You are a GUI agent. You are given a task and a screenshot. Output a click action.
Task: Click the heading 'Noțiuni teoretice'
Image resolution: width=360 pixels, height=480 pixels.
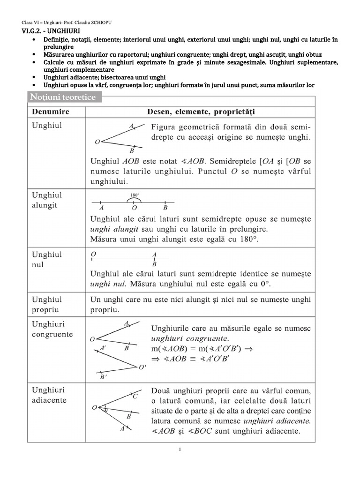(x=63, y=97)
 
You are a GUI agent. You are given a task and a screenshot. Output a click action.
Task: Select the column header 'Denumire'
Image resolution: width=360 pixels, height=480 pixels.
(x=51, y=112)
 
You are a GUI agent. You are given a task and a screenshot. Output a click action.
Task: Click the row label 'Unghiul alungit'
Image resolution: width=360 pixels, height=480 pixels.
(x=46, y=200)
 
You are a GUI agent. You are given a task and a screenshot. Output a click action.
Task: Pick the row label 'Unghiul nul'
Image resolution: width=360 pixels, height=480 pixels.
(x=46, y=259)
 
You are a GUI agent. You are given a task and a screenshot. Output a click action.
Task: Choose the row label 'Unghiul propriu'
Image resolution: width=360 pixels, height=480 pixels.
(x=47, y=304)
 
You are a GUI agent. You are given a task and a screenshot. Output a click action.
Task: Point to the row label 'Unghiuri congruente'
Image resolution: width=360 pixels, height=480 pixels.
(x=52, y=330)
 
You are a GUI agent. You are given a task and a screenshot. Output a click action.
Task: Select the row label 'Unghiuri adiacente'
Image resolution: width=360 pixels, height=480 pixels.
(x=49, y=395)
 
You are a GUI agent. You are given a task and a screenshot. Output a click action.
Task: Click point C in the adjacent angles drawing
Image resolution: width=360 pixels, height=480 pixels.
(x=135, y=397)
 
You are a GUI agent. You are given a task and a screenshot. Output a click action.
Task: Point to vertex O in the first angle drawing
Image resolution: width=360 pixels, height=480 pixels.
(x=97, y=141)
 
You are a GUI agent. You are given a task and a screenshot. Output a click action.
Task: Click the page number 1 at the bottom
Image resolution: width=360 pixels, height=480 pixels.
(x=180, y=450)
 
